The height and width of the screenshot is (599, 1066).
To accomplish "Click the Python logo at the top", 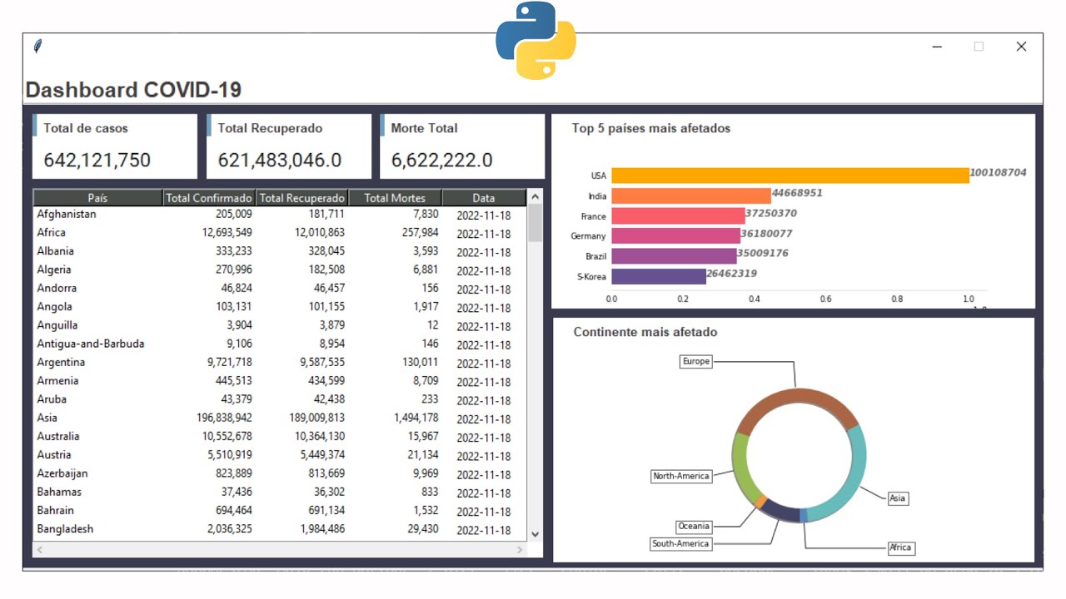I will click(x=535, y=40).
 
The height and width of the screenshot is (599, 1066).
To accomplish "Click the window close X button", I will click(x=1021, y=47).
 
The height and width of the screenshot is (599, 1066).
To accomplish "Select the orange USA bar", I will click(x=790, y=176).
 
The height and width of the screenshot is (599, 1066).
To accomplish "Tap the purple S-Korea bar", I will click(x=658, y=276).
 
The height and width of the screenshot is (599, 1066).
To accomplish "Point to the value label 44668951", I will click(x=797, y=193).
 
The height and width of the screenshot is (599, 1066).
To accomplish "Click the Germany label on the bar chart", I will click(x=588, y=236).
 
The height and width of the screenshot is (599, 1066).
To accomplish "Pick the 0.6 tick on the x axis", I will click(x=826, y=299).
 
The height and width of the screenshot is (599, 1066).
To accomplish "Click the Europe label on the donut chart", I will click(x=696, y=361).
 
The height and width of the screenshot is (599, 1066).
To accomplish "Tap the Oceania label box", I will click(x=694, y=526).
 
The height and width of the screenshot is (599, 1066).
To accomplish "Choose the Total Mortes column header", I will click(x=395, y=198).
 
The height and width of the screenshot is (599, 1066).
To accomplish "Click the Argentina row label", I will click(x=61, y=362).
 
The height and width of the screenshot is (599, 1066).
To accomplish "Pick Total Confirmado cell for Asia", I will click(x=218, y=418).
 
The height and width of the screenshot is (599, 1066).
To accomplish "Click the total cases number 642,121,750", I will click(x=97, y=160).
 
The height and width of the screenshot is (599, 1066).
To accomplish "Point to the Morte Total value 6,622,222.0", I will click(x=441, y=160).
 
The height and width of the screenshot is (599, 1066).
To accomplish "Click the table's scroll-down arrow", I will click(x=535, y=534).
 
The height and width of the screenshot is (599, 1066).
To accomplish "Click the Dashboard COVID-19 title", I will click(x=133, y=90).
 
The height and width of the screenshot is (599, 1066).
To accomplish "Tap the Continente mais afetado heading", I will click(x=645, y=332).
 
